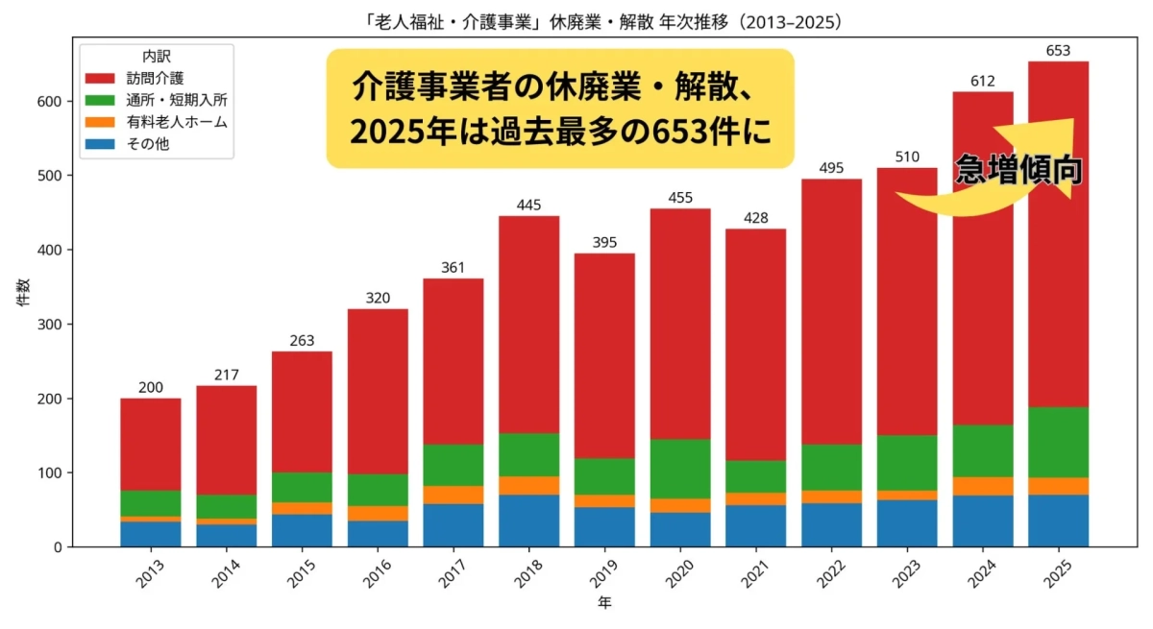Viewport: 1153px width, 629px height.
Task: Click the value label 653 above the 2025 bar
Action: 1058,51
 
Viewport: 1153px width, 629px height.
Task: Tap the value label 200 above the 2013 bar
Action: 150,388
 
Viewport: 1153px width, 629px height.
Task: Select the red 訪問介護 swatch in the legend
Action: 102,78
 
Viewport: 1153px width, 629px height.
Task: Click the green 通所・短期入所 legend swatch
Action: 102,100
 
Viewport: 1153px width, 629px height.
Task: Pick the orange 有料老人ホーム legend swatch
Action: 102,122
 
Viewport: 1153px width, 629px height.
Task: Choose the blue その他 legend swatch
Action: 102,144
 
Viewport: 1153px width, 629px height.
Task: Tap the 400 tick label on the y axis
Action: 54,250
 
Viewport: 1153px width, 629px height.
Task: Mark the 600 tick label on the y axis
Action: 54,102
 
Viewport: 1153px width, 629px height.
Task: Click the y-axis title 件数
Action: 22,292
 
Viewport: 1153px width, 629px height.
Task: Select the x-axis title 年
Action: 603,604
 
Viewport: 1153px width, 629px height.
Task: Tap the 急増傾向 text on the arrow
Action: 1018,170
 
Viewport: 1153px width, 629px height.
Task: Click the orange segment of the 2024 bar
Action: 982,486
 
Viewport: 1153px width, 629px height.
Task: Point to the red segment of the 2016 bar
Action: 378,392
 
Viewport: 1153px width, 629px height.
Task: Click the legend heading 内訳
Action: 157,57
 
